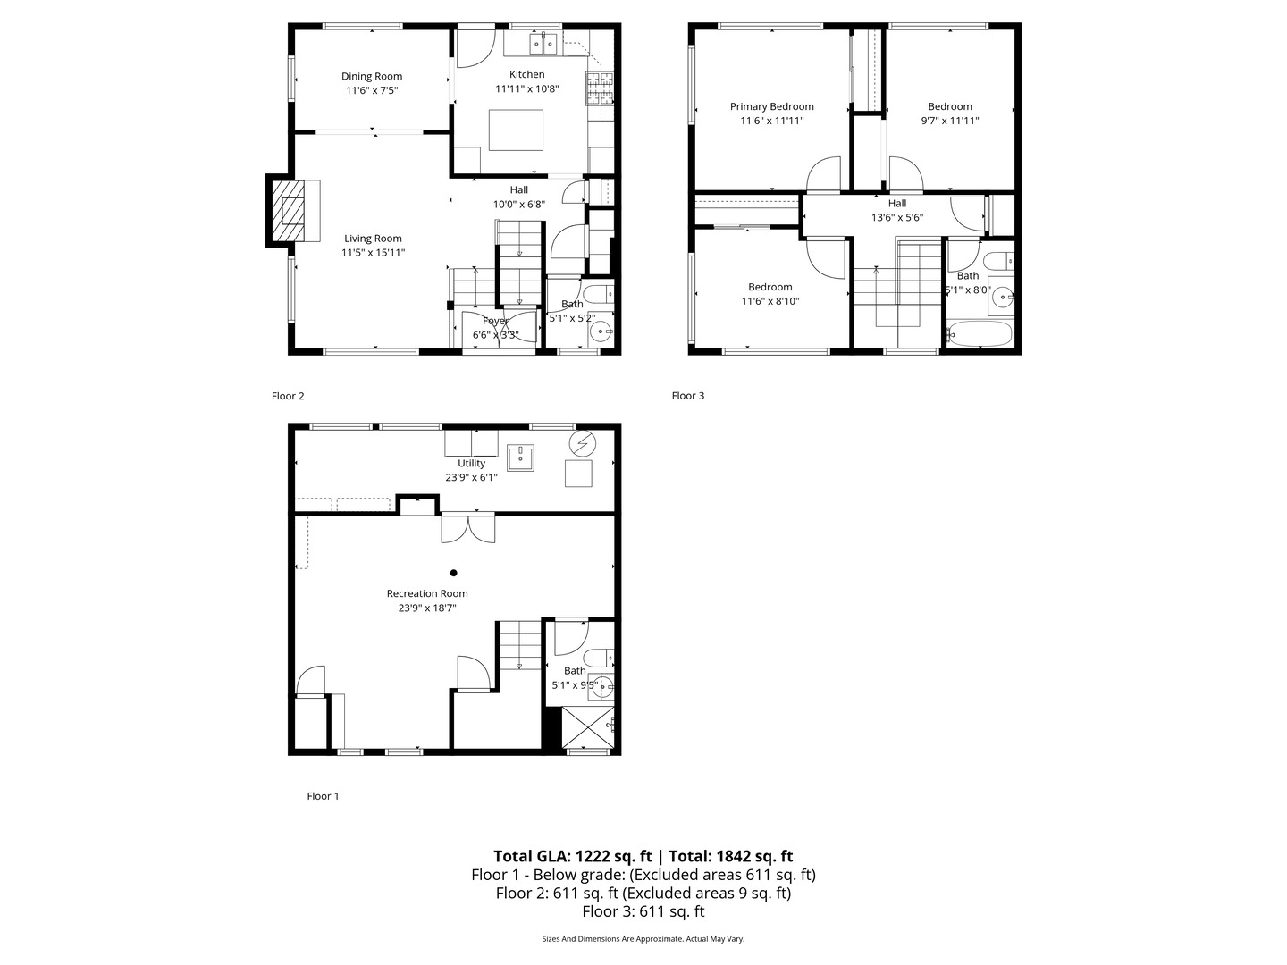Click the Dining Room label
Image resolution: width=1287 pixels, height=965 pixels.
click(372, 76)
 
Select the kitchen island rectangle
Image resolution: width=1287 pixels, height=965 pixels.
click(516, 130)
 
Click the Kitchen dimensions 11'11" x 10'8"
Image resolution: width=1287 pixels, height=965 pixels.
click(527, 88)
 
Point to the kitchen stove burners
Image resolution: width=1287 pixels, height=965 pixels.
click(600, 87)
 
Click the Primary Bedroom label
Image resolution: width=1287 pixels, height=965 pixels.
click(771, 106)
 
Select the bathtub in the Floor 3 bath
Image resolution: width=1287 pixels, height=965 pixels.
click(980, 335)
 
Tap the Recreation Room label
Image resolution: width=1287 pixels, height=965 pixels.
click(427, 593)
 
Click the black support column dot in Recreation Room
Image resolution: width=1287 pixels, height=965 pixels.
click(454, 573)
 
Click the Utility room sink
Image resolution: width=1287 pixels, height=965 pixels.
click(520, 457)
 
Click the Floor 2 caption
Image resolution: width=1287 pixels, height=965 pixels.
click(288, 396)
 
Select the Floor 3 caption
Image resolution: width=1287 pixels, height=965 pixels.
click(688, 396)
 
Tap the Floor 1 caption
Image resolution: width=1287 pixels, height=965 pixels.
click(323, 796)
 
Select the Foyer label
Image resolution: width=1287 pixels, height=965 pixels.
click(495, 321)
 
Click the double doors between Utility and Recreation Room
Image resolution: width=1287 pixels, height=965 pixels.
click(468, 527)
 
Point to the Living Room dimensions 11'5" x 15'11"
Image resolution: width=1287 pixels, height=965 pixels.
click(374, 252)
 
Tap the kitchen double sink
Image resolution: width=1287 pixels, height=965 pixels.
click(545, 43)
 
